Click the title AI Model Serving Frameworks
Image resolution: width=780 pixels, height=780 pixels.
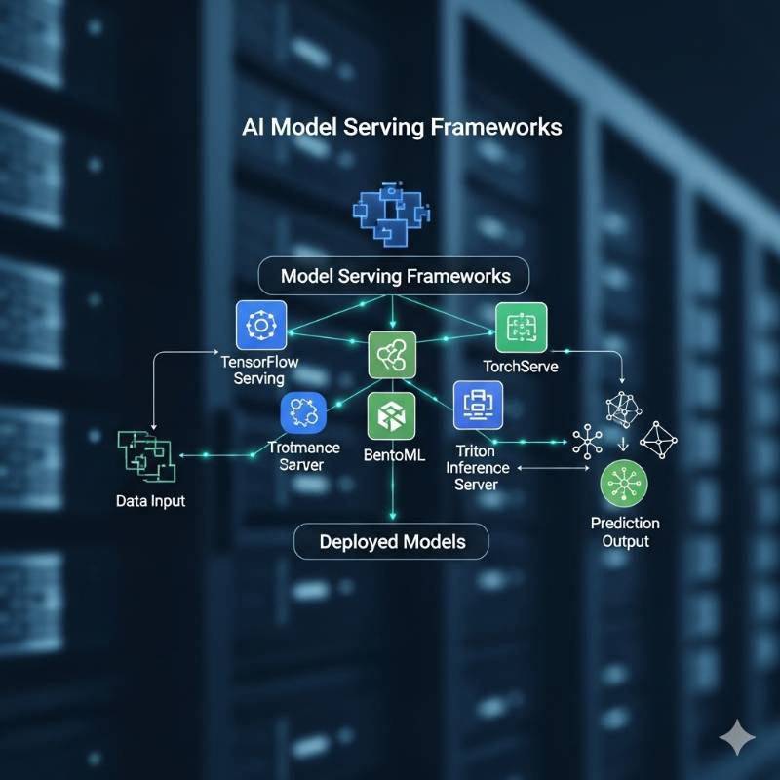click(x=401, y=127)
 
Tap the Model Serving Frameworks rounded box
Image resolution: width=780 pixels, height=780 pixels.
click(x=395, y=276)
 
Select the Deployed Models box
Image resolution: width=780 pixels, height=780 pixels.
click(x=392, y=540)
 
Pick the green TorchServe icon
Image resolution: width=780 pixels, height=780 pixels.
click(x=521, y=328)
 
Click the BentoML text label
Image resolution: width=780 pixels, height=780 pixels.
click(x=391, y=454)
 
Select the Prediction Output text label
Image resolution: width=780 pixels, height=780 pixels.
click(x=625, y=532)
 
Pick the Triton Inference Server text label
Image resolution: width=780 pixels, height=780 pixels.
click(x=477, y=468)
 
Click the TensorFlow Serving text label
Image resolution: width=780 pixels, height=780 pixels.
click(x=260, y=370)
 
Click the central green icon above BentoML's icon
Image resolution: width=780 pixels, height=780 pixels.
click(x=392, y=355)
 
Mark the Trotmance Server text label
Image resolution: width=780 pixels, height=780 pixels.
click(x=303, y=456)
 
